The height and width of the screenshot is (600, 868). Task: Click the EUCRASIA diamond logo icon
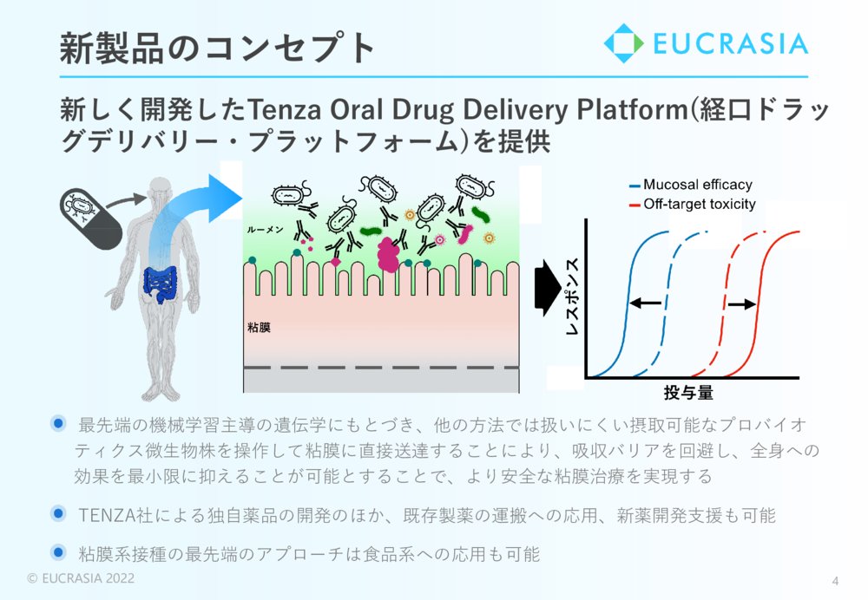coord(623,43)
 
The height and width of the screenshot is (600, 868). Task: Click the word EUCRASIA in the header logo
coord(730,43)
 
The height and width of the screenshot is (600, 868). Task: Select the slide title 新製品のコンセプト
coord(218,48)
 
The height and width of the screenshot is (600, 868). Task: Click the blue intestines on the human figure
coord(160,284)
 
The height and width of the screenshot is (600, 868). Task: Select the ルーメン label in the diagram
coord(265,230)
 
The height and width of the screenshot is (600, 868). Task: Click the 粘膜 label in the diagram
coord(259,328)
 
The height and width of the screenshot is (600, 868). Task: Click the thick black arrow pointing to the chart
coord(548,288)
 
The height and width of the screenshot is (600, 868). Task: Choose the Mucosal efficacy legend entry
coord(691,185)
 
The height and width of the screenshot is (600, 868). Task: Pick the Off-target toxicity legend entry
coord(693,204)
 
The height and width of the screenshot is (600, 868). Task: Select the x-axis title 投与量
coord(688,393)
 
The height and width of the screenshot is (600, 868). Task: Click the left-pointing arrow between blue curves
coord(646,303)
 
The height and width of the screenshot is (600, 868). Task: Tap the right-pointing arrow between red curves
coord(741,304)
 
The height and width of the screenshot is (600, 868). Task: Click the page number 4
coord(835,581)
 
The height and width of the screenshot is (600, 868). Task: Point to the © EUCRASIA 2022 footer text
coord(81,578)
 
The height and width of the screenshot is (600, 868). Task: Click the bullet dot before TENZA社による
coord(58,513)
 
